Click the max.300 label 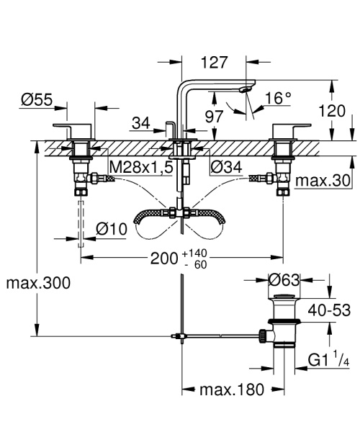pos(38,283)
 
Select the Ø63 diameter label pos(285,280)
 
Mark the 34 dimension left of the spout pos(141,124)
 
